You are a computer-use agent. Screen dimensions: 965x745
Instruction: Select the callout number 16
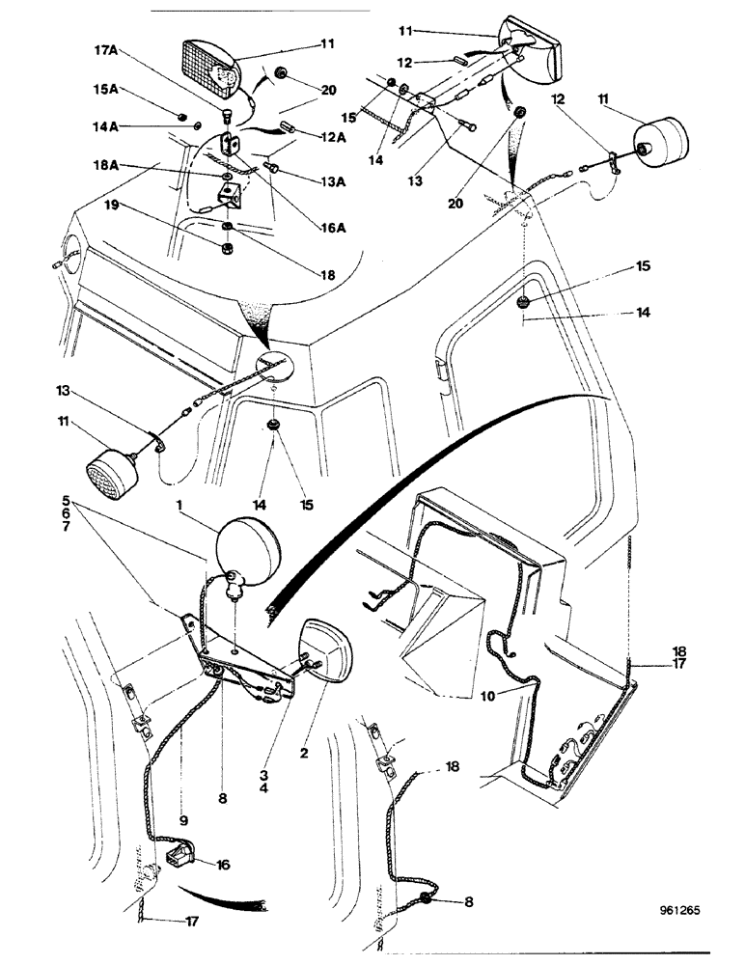tap(222, 866)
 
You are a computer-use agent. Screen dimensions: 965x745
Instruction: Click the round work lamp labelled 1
tap(249, 551)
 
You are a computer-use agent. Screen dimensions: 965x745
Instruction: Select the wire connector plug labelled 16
tap(180, 855)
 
